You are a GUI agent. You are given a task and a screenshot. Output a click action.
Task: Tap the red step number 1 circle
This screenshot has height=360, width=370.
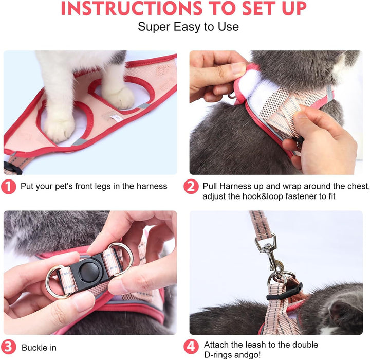9,186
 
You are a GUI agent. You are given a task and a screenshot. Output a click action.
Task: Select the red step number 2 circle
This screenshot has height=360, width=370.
191,186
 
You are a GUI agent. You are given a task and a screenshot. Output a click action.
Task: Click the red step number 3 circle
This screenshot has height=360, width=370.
9,347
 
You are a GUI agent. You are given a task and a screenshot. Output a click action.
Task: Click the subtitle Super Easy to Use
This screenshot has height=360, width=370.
188,27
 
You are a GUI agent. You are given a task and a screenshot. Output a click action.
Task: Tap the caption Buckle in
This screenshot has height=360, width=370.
39,348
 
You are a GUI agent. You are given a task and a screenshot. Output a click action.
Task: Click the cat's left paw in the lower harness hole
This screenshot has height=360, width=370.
59,128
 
